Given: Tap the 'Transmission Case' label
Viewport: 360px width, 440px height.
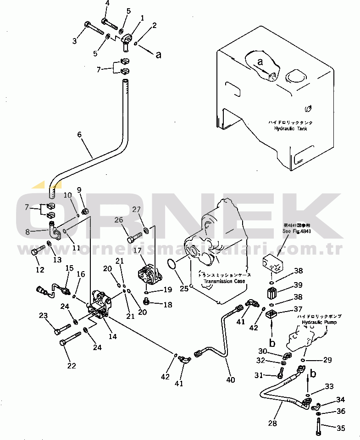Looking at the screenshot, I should click(224, 281).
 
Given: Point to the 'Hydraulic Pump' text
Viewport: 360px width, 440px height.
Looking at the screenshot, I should click(319, 323).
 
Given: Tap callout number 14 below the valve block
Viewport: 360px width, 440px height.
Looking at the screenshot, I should click(112, 336).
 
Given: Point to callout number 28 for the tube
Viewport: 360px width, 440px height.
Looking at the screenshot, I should click(272, 423).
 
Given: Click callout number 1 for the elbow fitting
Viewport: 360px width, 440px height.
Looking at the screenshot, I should click(142, 18).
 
